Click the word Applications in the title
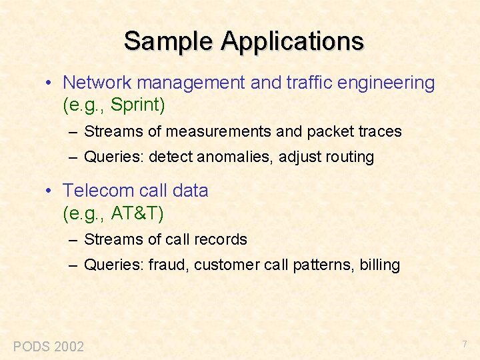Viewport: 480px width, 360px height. tap(293, 41)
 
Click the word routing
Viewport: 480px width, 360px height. tap(351, 157)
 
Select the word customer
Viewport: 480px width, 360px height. tap(228, 265)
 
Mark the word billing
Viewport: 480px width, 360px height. tap(379, 265)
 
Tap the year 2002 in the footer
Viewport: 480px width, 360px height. tap(69, 347)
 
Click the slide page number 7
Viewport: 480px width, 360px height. tap(464, 344)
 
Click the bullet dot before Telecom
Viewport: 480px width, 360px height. tap(49, 191)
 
